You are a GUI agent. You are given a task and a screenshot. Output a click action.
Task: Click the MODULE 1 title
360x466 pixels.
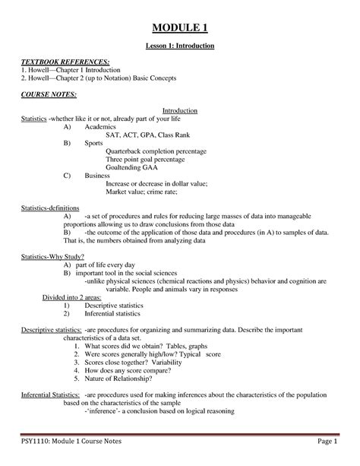180,29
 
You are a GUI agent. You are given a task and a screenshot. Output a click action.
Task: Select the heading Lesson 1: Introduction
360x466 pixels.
180,46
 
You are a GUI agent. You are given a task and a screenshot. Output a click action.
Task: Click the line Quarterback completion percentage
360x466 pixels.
156,151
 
